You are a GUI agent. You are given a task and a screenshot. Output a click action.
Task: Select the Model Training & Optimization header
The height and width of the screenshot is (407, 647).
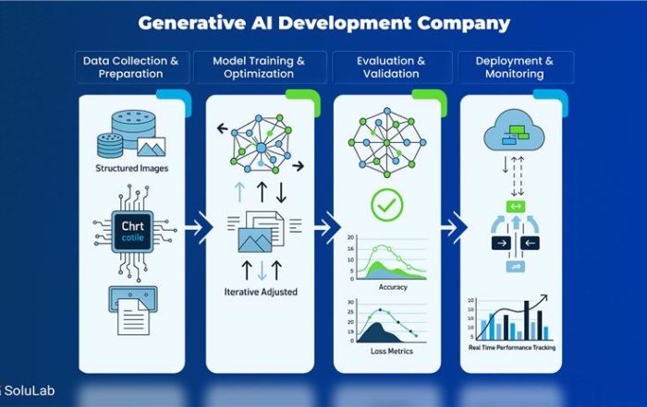click(x=259, y=67)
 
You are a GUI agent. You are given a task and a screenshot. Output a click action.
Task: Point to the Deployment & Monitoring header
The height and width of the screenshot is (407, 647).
click(x=515, y=67)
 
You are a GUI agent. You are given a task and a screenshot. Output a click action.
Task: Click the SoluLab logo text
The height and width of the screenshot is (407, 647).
click(x=28, y=391)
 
